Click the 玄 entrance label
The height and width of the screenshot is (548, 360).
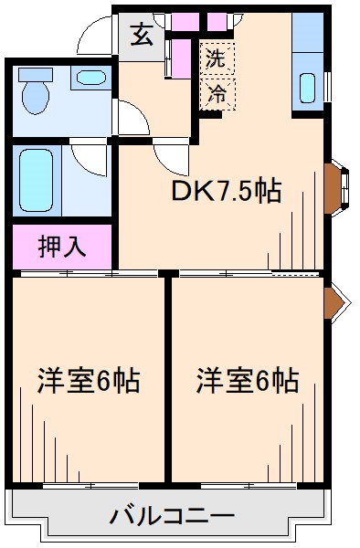[x=143, y=37]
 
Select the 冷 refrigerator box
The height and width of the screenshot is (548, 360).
[x=217, y=93]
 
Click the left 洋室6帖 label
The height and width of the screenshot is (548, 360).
[x=88, y=380]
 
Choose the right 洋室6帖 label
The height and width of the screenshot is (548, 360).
[x=248, y=380]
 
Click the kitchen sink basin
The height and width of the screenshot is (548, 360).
[x=308, y=88]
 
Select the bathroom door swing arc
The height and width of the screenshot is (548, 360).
[x=91, y=160]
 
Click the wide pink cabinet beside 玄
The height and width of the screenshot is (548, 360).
[x=185, y=19]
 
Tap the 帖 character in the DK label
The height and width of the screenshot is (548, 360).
[x=266, y=193]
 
